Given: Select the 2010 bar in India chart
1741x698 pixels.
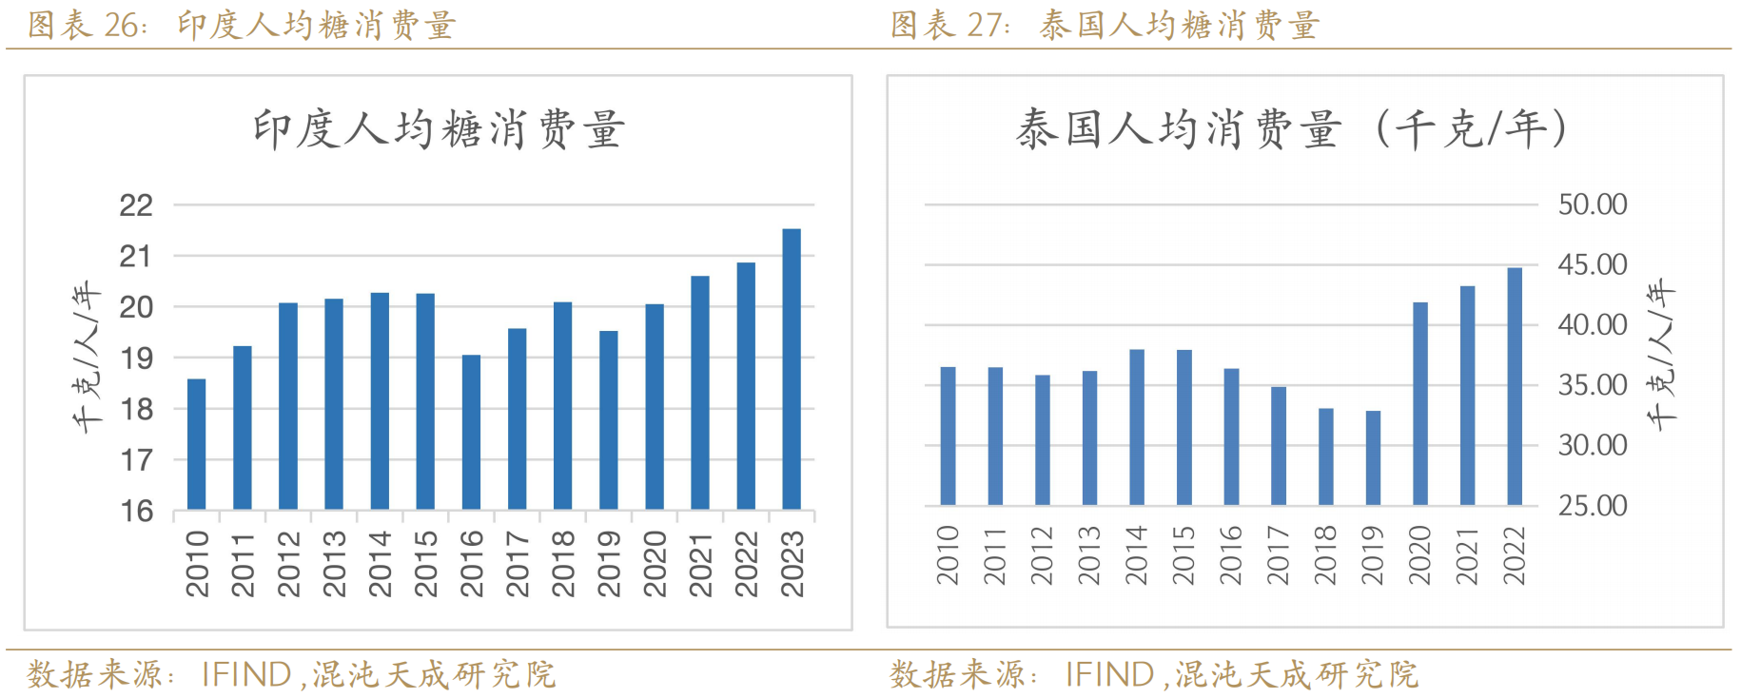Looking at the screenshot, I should pos(196,444).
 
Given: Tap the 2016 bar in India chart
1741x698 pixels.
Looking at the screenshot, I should pos(471,432).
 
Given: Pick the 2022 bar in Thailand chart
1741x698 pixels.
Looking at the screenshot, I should pos(1515,386).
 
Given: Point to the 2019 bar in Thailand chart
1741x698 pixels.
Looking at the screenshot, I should pos(1373,457).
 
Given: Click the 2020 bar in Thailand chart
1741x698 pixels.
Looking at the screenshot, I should pos(1420,403).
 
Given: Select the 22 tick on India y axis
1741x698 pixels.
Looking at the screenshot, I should pos(136,205).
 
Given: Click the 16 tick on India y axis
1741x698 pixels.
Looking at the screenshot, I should pos(136,512).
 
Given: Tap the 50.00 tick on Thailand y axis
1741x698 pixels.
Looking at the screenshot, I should pos(1592,204).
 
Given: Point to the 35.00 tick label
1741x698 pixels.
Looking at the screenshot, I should pos(1592,385).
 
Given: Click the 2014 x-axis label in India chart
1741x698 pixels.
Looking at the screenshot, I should pos(380,563).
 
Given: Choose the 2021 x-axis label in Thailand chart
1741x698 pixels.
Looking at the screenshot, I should pos(1467,555).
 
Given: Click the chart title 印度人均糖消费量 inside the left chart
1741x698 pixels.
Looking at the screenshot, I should pos(439,129).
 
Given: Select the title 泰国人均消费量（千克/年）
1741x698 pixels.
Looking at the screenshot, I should pos(1291,129).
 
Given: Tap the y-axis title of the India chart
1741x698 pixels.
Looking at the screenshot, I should pos(87,357).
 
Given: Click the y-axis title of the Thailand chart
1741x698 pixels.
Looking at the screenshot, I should pos(1661,354).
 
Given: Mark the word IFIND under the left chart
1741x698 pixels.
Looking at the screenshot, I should pos(246,674).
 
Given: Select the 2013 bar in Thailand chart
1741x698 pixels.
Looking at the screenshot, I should pos(1089,437).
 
